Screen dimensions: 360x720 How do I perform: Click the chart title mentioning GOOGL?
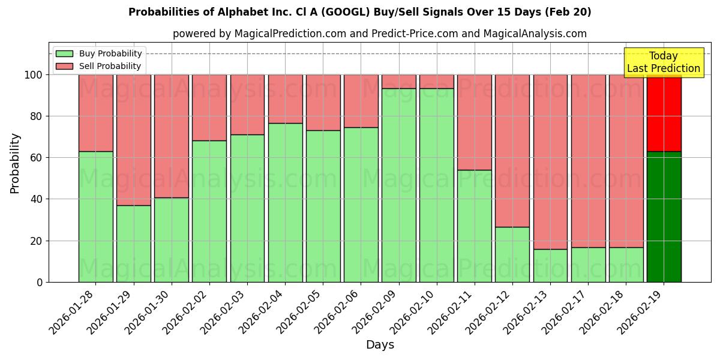[359, 12]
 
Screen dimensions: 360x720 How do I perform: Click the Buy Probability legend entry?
[110, 54]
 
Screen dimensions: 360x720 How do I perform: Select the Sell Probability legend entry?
[110, 67]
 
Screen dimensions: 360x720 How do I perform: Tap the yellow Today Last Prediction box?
[663, 62]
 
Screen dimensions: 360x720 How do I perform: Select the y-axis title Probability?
[15, 163]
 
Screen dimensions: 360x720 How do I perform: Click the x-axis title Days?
[380, 345]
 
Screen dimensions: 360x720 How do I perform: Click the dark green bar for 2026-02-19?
[664, 217]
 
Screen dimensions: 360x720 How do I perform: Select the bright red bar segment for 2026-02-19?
[664, 113]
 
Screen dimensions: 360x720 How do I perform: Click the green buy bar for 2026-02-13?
[550, 265]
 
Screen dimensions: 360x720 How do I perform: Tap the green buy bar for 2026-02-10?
[437, 185]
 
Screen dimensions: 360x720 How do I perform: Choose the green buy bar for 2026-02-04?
[285, 202]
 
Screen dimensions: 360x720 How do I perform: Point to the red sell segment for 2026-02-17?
[588, 161]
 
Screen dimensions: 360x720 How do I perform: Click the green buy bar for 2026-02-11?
[475, 226]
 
